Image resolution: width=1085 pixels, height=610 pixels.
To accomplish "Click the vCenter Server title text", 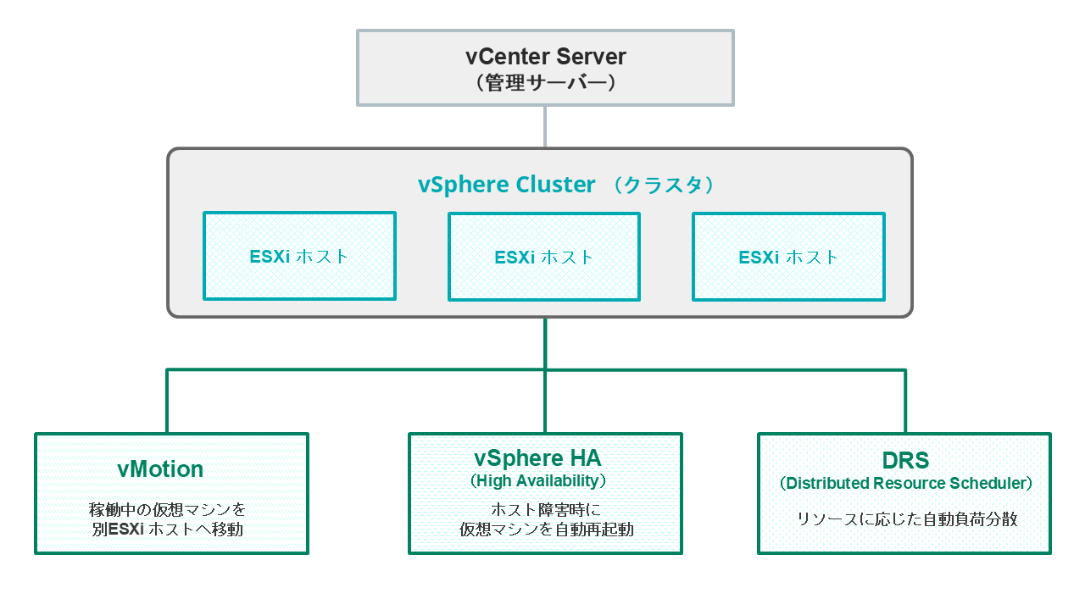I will [x=545, y=57].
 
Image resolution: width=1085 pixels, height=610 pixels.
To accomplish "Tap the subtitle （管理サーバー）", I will [x=545, y=83].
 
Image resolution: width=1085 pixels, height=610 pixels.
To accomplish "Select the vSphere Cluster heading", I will [x=506, y=186].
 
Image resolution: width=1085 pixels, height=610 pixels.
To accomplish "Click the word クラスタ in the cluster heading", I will [x=665, y=186].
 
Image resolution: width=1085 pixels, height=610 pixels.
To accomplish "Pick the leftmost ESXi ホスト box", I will [x=299, y=256].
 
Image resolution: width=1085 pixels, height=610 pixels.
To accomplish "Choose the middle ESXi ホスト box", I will [x=544, y=257].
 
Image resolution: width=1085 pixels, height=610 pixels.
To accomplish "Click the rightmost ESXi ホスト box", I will [x=788, y=257].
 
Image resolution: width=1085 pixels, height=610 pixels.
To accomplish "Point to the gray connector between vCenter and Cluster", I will [x=545, y=127].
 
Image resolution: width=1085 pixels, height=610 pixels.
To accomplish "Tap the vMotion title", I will [x=160, y=469].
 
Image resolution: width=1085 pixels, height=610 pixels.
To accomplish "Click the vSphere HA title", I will [x=537, y=458].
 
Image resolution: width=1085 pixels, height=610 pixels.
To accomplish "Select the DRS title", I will [x=905, y=461].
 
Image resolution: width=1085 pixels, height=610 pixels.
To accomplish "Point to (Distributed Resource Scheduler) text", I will [x=905, y=484].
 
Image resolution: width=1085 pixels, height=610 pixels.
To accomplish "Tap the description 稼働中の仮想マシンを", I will [x=168, y=510].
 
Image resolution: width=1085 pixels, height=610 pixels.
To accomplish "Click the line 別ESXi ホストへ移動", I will [x=168, y=530].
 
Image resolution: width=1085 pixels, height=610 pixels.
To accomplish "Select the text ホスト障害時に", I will [x=545, y=510].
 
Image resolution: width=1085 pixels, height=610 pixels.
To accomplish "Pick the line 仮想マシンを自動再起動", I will [x=545, y=530].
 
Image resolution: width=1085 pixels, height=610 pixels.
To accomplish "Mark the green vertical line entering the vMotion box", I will [x=168, y=402].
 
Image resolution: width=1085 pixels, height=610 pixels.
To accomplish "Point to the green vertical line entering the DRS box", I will [x=905, y=402].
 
